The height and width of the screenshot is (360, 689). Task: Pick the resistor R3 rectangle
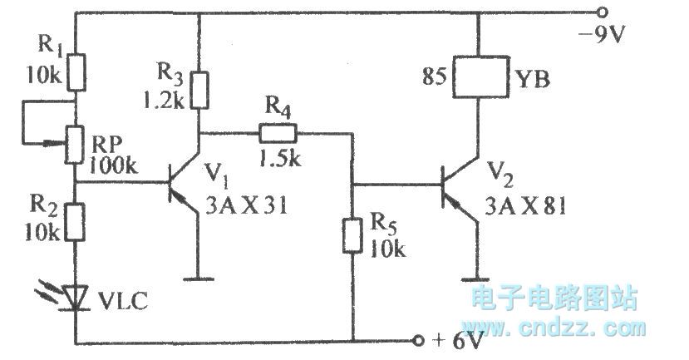[x=200, y=91]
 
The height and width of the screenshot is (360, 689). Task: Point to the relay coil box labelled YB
[x=477, y=80]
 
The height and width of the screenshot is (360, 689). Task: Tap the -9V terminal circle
[x=602, y=13]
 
